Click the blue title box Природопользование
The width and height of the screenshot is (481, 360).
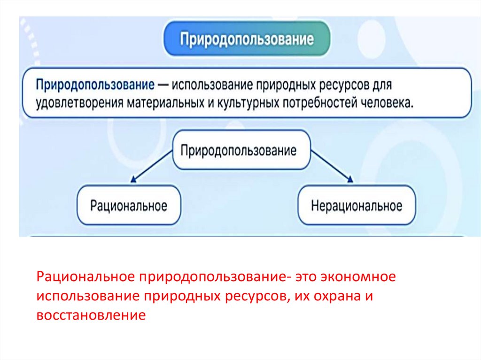(247, 38)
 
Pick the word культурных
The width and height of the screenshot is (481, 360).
(246, 103)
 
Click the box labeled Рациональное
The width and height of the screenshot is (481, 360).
(129, 205)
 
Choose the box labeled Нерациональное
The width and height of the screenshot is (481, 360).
(357, 205)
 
